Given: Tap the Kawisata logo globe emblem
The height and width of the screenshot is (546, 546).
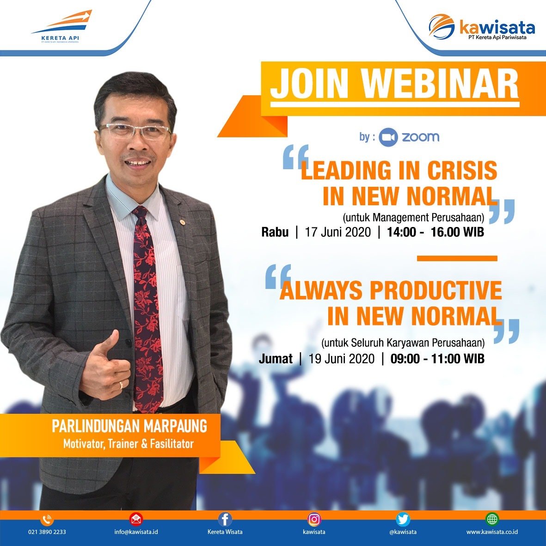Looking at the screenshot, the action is coord(442,25).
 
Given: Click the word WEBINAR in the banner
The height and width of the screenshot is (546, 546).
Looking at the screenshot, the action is coord(440,84).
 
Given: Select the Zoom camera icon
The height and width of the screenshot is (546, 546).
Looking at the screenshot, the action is coord(388,137).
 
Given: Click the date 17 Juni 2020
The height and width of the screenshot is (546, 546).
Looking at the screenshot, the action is coord(338,232).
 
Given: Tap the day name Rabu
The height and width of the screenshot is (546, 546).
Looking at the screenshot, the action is coord(275,232).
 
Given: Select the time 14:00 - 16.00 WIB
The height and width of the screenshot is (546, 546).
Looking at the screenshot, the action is coord(435,232).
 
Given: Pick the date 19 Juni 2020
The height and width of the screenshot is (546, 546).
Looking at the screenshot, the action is coord(341,359).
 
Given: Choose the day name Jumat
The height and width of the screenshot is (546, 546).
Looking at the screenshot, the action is coord(276,359).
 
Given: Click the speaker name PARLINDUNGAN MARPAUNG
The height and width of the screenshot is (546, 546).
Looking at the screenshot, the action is coord(129,426).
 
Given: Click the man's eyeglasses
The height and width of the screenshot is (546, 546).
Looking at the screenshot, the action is coord(135,130).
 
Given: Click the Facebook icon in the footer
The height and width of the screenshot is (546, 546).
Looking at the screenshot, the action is coord(225,519).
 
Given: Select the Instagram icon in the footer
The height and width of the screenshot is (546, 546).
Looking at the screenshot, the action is coord(314,519).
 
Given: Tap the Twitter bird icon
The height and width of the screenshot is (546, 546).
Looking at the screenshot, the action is coord(403,519).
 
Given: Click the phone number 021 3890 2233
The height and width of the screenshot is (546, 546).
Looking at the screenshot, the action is coord(47,532).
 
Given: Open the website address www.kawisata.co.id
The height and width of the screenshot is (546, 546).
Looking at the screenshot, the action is coord(492,532).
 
